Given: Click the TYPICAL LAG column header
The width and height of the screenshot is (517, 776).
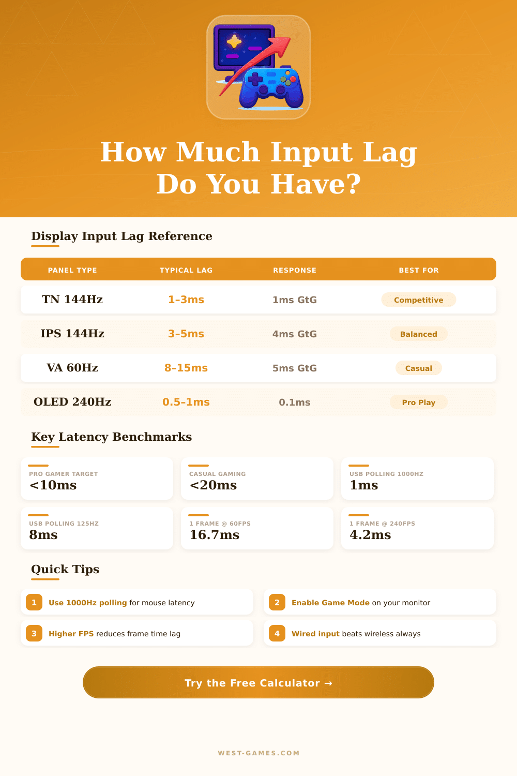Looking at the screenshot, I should click(x=186, y=270).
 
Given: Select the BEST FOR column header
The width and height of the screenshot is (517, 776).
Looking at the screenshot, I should click(x=419, y=270).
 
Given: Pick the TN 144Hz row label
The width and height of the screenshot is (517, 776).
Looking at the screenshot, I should click(x=72, y=300).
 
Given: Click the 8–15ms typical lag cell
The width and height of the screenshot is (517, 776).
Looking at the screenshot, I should click(x=186, y=368).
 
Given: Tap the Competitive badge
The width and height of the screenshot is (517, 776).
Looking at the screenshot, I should click(x=419, y=300).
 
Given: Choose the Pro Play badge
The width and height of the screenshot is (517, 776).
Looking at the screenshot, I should click(x=419, y=402).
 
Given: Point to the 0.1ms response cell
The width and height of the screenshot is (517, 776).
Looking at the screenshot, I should click(x=295, y=402).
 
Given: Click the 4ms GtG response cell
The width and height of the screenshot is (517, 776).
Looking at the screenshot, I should click(x=295, y=334).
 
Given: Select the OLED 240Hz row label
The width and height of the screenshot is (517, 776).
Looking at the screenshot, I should click(x=72, y=402).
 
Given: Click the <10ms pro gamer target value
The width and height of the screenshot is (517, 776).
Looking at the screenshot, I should click(x=53, y=485).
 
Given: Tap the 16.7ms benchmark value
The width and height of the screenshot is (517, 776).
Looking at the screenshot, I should click(x=215, y=535).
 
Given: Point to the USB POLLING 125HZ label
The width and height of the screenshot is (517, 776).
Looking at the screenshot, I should click(x=64, y=524).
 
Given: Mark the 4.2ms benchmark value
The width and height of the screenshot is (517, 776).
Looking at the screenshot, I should click(x=370, y=535).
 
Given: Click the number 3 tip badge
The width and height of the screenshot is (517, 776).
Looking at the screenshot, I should click(x=34, y=633).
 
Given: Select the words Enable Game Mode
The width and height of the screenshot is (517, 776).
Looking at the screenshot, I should click(x=330, y=603).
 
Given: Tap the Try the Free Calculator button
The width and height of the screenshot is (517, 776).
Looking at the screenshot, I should click(x=258, y=683).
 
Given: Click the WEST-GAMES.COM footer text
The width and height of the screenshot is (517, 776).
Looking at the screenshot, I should click(x=258, y=753).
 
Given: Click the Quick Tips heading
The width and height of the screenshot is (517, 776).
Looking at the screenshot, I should click(x=65, y=570).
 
